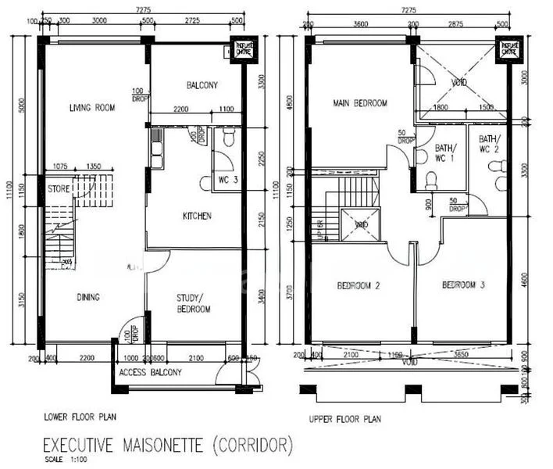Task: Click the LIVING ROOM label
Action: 92,108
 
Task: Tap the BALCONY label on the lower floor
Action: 202,85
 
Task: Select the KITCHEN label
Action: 197,216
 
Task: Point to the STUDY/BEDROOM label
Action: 194,303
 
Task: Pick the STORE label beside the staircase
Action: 59,188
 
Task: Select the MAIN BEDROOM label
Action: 360,103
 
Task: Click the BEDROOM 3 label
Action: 464,285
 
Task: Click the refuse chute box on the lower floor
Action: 238,49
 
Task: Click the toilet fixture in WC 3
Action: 229,140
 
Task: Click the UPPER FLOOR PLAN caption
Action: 344,419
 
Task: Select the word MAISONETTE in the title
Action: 163,446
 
